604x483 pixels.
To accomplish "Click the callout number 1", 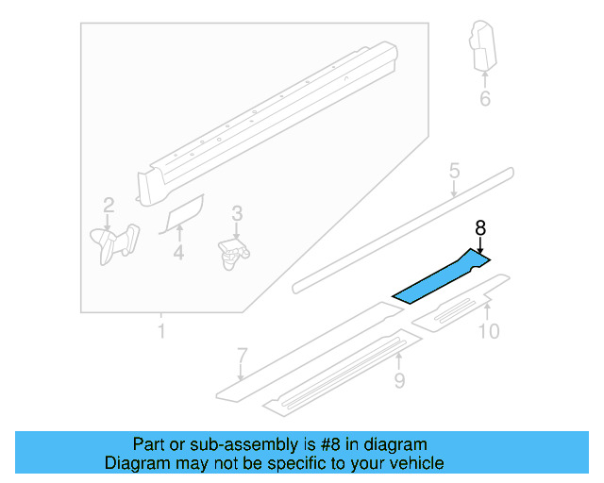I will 160,331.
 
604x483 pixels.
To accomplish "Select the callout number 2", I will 109,205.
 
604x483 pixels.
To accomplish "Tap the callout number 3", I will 237,214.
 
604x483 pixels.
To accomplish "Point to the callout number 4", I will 178,252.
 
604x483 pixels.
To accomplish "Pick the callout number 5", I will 454,172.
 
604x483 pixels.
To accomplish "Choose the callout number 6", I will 485,98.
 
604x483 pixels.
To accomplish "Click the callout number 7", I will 242,357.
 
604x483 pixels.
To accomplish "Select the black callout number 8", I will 480,227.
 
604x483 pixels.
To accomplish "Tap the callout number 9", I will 399,380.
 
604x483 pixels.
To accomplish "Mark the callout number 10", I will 488,331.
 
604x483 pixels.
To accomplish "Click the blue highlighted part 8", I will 439,278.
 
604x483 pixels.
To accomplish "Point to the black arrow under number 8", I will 480,244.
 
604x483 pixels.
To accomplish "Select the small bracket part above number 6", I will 483,47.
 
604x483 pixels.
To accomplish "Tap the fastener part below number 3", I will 233,252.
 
